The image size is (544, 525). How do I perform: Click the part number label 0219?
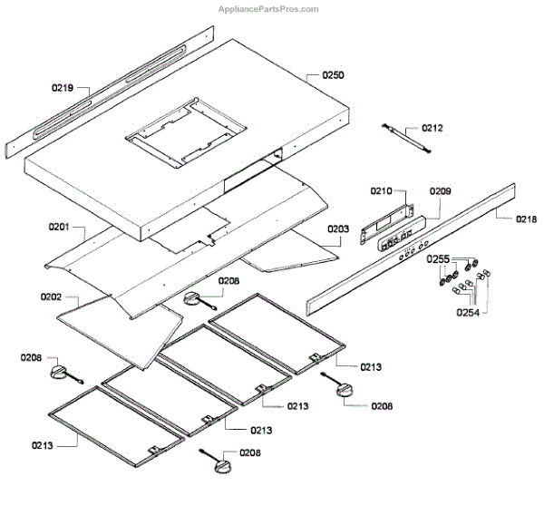pos(63,89)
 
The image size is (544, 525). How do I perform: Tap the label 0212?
pos(432,129)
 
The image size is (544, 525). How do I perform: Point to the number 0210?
pos(381,191)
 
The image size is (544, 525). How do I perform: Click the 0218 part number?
pos(527,219)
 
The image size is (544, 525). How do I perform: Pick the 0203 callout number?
pos(337,229)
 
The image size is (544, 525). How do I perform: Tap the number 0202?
pos(51,297)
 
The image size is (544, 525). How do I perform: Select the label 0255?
pos(439,259)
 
